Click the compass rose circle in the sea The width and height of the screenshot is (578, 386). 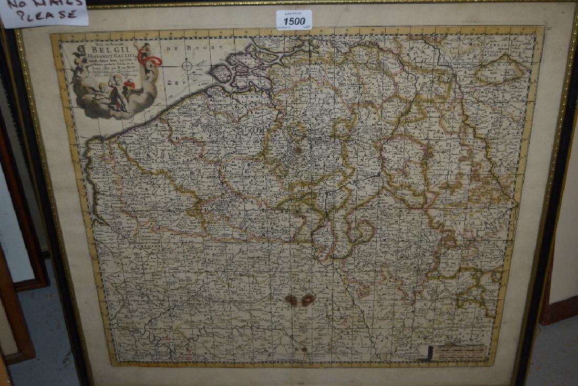click(187, 65)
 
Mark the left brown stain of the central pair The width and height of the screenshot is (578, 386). click(291, 300)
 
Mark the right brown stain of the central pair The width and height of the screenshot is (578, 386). click(308, 299)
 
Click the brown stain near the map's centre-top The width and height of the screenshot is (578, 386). click(298, 149)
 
